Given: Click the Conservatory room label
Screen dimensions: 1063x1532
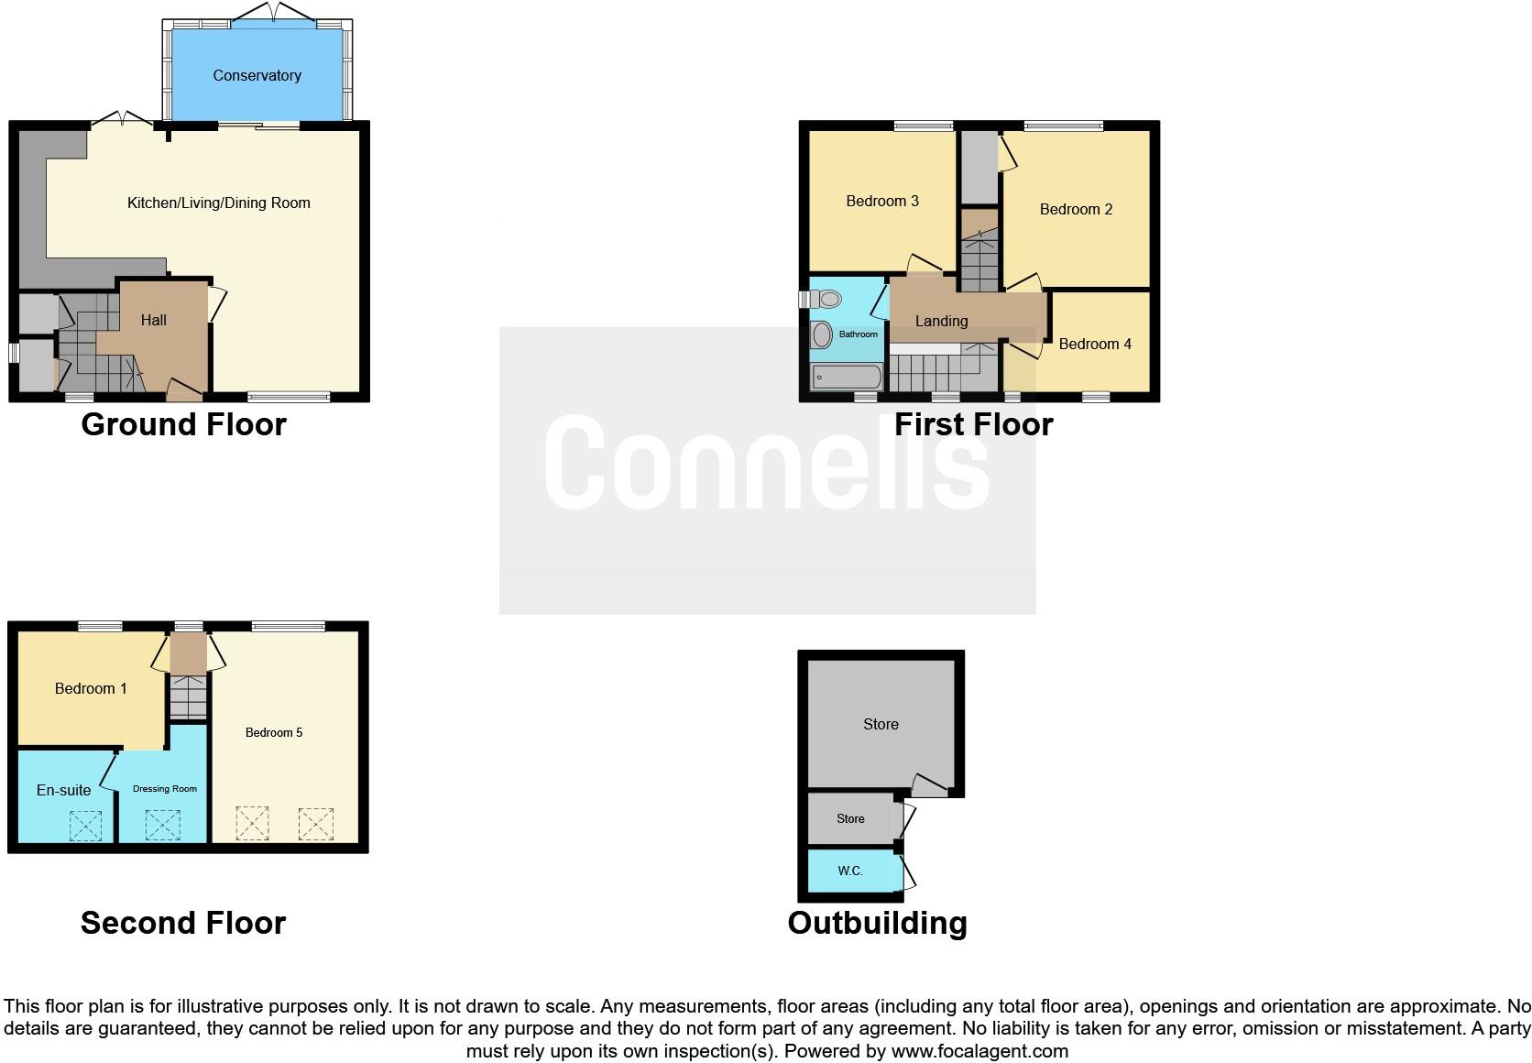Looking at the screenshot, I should (257, 75).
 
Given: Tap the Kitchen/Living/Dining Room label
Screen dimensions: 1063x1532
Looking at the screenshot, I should (218, 203).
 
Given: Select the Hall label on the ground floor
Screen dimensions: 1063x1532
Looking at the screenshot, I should (154, 320).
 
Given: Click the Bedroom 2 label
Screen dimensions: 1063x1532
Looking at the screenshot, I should (1076, 209).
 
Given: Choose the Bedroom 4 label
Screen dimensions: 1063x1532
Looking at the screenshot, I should (1095, 344).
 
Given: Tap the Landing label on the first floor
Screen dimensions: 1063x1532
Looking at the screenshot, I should (941, 321).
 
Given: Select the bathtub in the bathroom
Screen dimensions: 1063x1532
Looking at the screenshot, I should (847, 377).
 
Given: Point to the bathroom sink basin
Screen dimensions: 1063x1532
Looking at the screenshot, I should (822, 334).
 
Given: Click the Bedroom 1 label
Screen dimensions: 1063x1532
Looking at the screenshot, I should (91, 688).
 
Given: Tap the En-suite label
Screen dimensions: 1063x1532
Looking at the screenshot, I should (63, 790).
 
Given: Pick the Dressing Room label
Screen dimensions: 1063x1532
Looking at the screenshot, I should (165, 789).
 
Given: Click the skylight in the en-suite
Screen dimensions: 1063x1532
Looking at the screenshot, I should (85, 826).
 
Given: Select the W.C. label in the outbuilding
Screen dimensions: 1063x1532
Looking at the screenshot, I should (850, 871).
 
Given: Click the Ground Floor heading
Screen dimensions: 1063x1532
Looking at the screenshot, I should (183, 424).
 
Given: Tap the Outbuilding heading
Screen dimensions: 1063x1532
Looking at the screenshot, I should (877, 923).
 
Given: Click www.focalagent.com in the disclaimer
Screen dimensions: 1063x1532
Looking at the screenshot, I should (979, 1051).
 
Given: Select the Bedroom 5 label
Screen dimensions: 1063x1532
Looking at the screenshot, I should (274, 732).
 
